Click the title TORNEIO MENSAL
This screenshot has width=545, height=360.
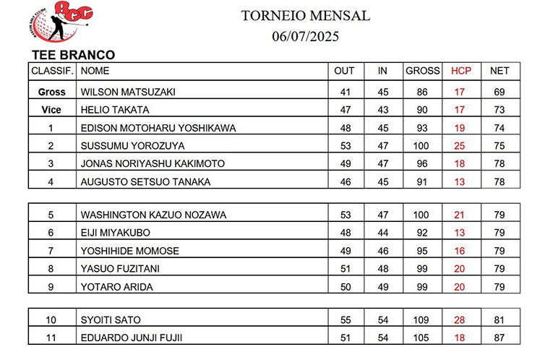coord(305,16)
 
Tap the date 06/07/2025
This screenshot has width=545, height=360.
coord(306,35)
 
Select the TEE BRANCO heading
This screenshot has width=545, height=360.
coord(73,55)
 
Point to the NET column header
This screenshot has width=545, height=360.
coord(499,71)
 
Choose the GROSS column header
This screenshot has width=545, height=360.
coord(423,71)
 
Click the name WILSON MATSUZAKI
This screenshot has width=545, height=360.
coord(128,93)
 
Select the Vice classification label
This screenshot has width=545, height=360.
coord(52,111)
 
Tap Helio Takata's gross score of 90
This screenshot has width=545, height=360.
coord(422,111)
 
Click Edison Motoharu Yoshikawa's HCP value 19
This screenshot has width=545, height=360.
coord(460,129)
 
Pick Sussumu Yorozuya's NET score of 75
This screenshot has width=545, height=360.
coord(499,146)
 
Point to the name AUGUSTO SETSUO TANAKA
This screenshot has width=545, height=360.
coord(145,182)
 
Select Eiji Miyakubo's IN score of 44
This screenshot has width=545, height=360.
coord(383,233)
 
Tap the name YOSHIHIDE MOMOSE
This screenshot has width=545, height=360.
coord(130,251)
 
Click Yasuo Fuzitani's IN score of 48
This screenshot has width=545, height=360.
coord(383,269)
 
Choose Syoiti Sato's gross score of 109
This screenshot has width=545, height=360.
coord(422,320)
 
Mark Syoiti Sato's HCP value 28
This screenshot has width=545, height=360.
coord(460,320)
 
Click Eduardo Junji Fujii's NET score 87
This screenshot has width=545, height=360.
coord(499,338)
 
